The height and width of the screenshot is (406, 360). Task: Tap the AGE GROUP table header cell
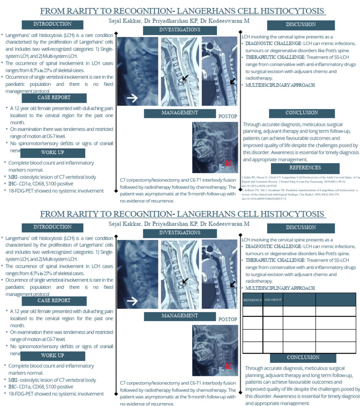point(272,300)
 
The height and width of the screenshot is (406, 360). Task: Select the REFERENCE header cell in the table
point(253,300)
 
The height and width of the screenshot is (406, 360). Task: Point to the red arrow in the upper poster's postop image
point(228,163)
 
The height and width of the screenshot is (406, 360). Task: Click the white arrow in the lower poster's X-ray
point(132,301)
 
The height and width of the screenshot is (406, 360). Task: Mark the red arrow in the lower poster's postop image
point(228,366)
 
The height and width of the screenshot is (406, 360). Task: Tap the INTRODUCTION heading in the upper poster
point(53,24)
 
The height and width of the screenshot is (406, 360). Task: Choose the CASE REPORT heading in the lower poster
point(54,301)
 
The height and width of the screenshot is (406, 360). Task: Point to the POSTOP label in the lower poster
point(228,319)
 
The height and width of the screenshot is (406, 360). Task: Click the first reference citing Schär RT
point(300,180)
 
